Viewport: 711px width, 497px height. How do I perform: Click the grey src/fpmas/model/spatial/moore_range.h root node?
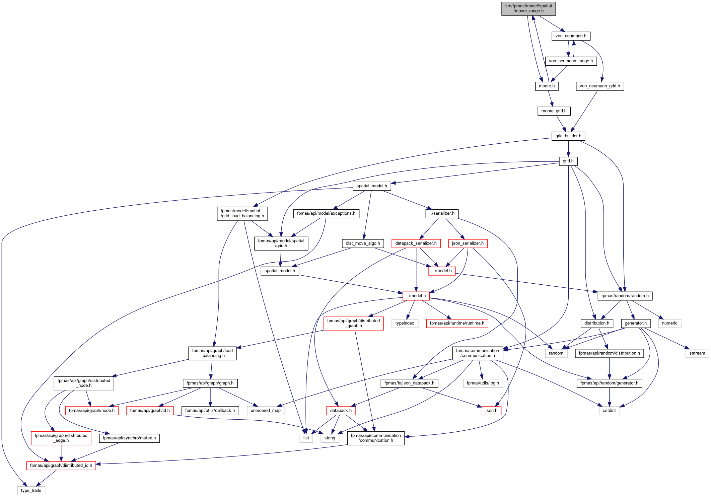click(x=528, y=8)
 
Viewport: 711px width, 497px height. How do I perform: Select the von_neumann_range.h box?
click(x=571, y=61)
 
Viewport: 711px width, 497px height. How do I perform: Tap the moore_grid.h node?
click(x=554, y=111)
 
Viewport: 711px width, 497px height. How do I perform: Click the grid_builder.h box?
click(x=568, y=136)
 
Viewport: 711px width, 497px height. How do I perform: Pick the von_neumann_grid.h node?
click(x=600, y=86)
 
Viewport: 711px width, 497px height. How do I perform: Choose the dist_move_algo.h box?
click(x=363, y=243)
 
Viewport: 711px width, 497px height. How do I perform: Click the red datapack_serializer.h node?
click(x=416, y=243)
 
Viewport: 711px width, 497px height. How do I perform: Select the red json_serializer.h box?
click(x=468, y=243)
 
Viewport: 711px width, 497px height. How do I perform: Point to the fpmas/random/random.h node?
click(x=625, y=296)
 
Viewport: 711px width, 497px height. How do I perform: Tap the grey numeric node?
click(x=669, y=323)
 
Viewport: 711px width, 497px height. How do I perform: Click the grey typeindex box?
click(x=405, y=323)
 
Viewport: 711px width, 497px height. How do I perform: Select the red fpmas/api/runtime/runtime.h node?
click(x=457, y=323)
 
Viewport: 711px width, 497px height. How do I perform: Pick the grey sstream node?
click(x=697, y=353)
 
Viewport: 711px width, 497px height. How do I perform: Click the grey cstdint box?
click(x=609, y=411)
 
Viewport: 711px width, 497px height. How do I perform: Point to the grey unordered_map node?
click(x=266, y=411)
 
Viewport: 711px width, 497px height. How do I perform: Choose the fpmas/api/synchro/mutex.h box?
click(x=129, y=438)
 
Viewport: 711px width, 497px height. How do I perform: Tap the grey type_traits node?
click(x=31, y=491)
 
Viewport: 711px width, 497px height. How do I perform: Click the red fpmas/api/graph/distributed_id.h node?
click(x=61, y=466)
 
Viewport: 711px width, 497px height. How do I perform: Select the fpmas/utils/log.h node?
click(x=483, y=383)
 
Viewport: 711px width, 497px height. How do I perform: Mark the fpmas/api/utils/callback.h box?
click(x=210, y=411)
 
